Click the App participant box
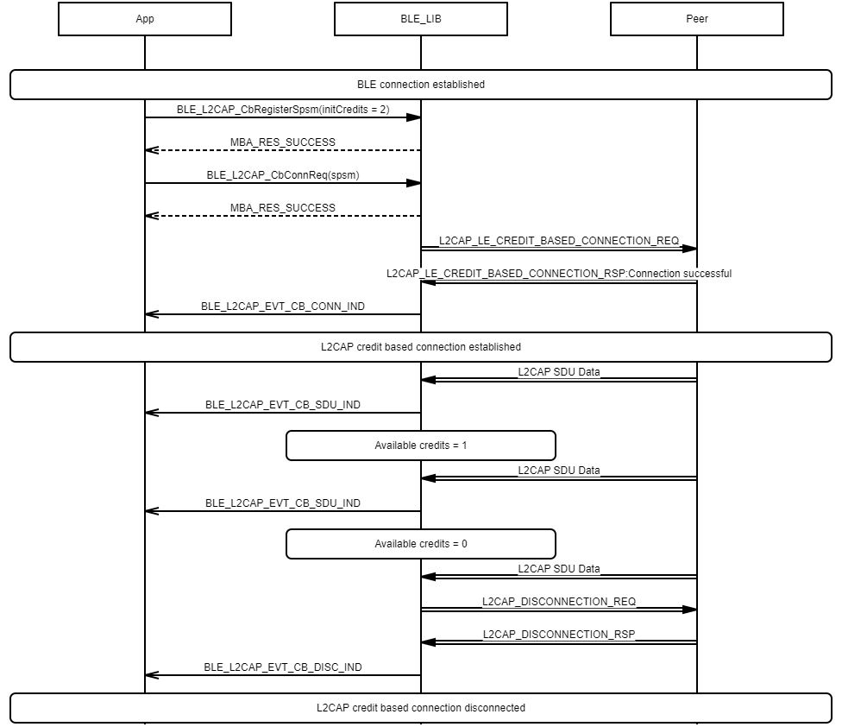tap(145, 19)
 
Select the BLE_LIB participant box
tap(421, 19)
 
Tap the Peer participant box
tap(697, 19)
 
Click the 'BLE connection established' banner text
tap(421, 85)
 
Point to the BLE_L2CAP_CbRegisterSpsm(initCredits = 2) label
tap(283, 110)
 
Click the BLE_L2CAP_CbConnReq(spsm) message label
tap(283, 175)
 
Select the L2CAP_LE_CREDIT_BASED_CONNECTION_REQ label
tap(559, 241)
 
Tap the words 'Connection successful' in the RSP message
tap(680, 274)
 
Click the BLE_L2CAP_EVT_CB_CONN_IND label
tap(283, 307)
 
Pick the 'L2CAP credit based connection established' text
tap(421, 347)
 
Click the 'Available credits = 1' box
tap(421, 446)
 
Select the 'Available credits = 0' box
tap(421, 544)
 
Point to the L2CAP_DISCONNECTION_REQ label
tap(559, 601)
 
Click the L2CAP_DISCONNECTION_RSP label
tap(559, 634)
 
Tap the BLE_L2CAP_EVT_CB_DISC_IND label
tap(283, 667)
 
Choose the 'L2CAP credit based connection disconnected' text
tap(421, 708)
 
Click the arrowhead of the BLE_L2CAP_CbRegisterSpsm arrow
tap(414, 117)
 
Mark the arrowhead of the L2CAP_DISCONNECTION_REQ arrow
tap(690, 610)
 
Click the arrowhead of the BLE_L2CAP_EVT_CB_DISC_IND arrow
tap(152, 675)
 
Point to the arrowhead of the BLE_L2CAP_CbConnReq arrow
tap(414, 183)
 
